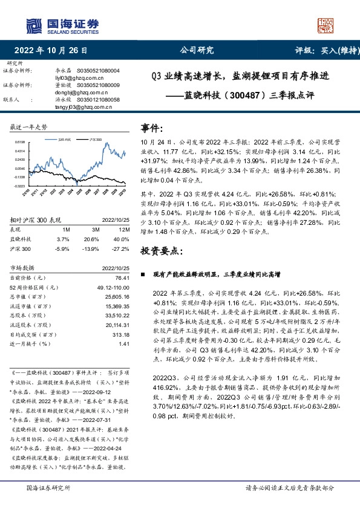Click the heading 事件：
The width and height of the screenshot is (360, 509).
152,129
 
